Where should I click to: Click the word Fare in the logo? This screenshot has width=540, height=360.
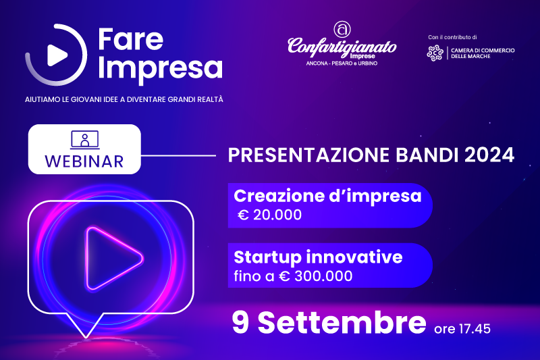point(130,40)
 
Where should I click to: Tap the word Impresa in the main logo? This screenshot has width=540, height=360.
point(161,68)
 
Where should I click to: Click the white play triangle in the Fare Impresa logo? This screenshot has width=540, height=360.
point(57,55)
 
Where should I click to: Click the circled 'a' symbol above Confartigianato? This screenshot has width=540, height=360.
point(342,29)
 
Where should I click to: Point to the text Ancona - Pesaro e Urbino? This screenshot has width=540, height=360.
point(342,63)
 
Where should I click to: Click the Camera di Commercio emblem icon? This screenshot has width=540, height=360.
point(435,53)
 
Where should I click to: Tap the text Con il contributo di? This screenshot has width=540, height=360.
point(452,37)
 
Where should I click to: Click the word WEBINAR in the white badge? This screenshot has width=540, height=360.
point(84,161)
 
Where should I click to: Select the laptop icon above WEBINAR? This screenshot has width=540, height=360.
point(85,140)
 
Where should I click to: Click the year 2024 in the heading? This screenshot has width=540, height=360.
point(489,155)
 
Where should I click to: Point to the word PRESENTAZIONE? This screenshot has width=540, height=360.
point(309,155)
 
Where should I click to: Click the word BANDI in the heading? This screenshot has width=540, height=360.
point(427,155)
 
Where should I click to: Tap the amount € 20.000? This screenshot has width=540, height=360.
point(270,215)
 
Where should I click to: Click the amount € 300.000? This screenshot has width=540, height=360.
point(315,276)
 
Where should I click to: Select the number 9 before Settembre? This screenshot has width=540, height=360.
point(240,322)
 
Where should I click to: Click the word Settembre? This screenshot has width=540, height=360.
point(342,322)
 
